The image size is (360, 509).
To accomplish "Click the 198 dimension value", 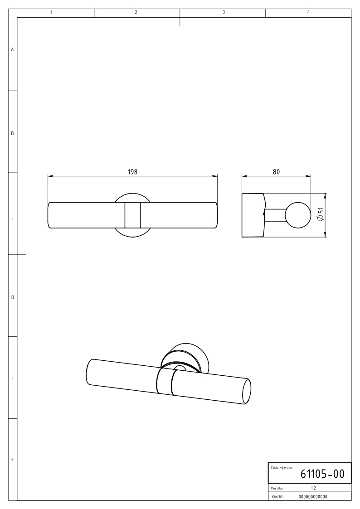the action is [x=132, y=172].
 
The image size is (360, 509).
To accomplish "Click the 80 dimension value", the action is [x=276, y=172].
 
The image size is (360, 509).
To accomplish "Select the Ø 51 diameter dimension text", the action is [x=320, y=215].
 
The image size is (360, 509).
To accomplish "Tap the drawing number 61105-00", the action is [x=322, y=474].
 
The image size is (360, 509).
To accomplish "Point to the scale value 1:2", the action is [x=313, y=488].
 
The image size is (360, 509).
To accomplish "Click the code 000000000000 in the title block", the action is [x=312, y=497].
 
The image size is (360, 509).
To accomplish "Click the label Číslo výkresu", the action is [x=282, y=468].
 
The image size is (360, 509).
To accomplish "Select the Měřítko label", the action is [x=277, y=488].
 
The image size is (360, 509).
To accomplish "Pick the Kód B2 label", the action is [x=277, y=497].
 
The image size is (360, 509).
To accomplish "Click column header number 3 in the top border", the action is [x=224, y=12].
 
